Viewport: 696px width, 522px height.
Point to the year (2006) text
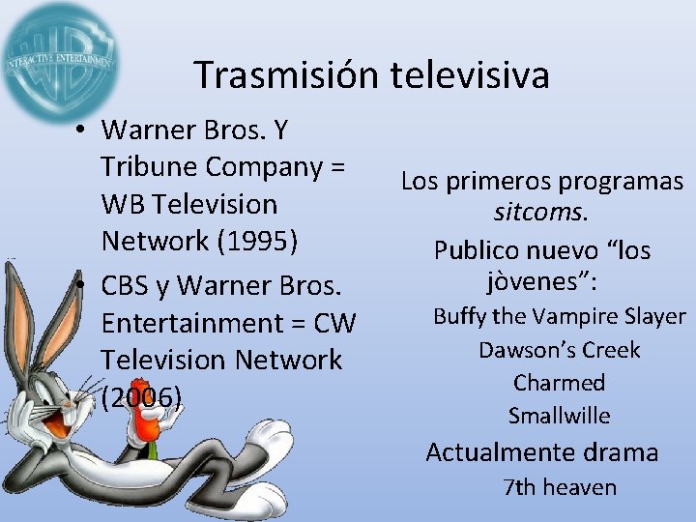(141, 396)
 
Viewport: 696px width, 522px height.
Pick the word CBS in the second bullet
(130, 286)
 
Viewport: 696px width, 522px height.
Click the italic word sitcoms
(542, 213)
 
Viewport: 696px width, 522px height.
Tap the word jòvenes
(537, 282)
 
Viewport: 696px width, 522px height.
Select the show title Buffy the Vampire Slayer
(559, 316)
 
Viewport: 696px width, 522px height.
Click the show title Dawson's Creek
(559, 349)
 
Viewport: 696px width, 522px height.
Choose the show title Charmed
(559, 382)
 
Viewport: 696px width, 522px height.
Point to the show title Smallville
(559, 416)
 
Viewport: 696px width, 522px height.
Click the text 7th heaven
(559, 486)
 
